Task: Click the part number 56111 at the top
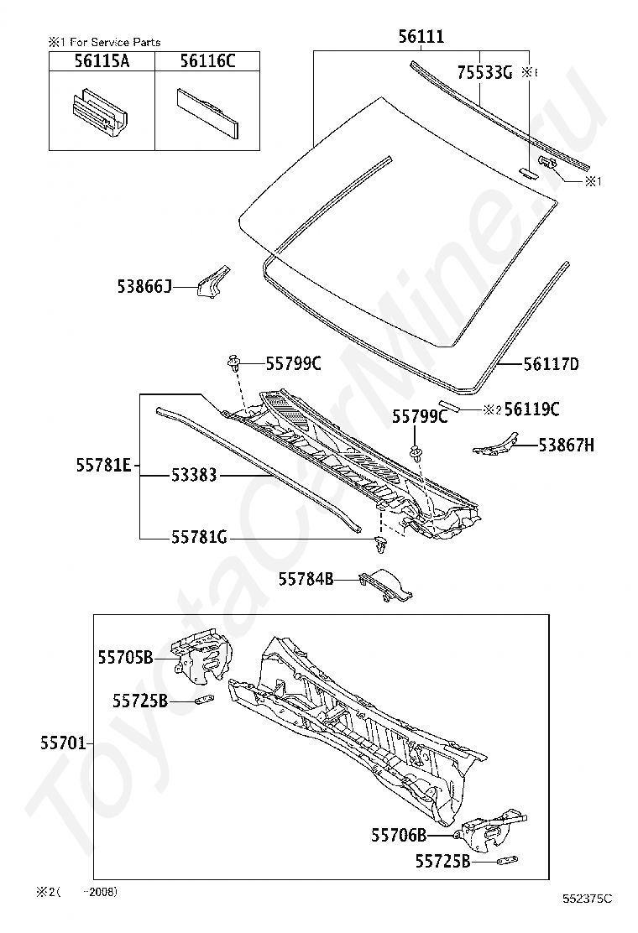pyautogui.click(x=421, y=37)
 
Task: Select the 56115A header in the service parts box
pyautogui.click(x=101, y=60)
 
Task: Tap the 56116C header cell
pyautogui.click(x=207, y=60)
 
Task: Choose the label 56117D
pyautogui.click(x=551, y=364)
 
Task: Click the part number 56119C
pyautogui.click(x=531, y=409)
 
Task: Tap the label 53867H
pyautogui.click(x=566, y=445)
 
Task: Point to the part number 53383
pyautogui.click(x=194, y=475)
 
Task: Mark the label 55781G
pyautogui.click(x=199, y=538)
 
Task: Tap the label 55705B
pyautogui.click(x=126, y=659)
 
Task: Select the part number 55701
pyautogui.click(x=63, y=743)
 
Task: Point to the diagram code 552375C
pyautogui.click(x=588, y=899)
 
